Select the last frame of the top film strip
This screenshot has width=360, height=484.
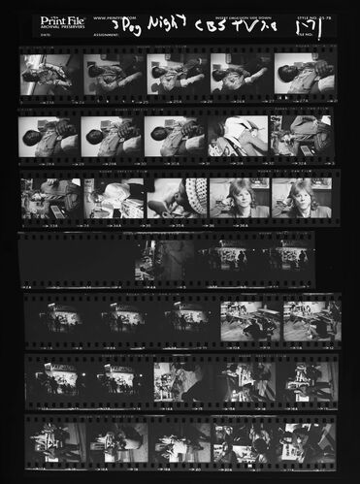point(304,75)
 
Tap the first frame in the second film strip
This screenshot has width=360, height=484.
point(49,136)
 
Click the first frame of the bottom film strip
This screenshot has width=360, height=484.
point(54,440)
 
